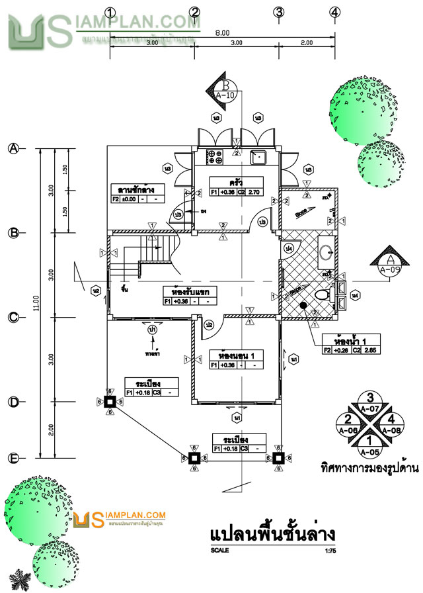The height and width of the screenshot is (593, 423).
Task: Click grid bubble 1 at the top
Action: coord(110,12)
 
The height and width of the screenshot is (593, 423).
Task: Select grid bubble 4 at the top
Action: coord(336,12)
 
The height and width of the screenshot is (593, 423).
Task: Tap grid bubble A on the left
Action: coord(13,148)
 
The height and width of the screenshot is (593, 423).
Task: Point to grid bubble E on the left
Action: coord(13,458)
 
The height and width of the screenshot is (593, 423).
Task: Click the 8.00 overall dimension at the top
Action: coord(222,32)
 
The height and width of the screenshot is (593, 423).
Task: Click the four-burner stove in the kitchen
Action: coord(215,157)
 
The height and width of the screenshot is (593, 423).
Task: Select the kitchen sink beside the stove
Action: coord(258,157)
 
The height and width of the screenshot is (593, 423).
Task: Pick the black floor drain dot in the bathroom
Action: coord(303,306)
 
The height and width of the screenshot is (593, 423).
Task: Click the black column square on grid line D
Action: coord(110,401)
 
